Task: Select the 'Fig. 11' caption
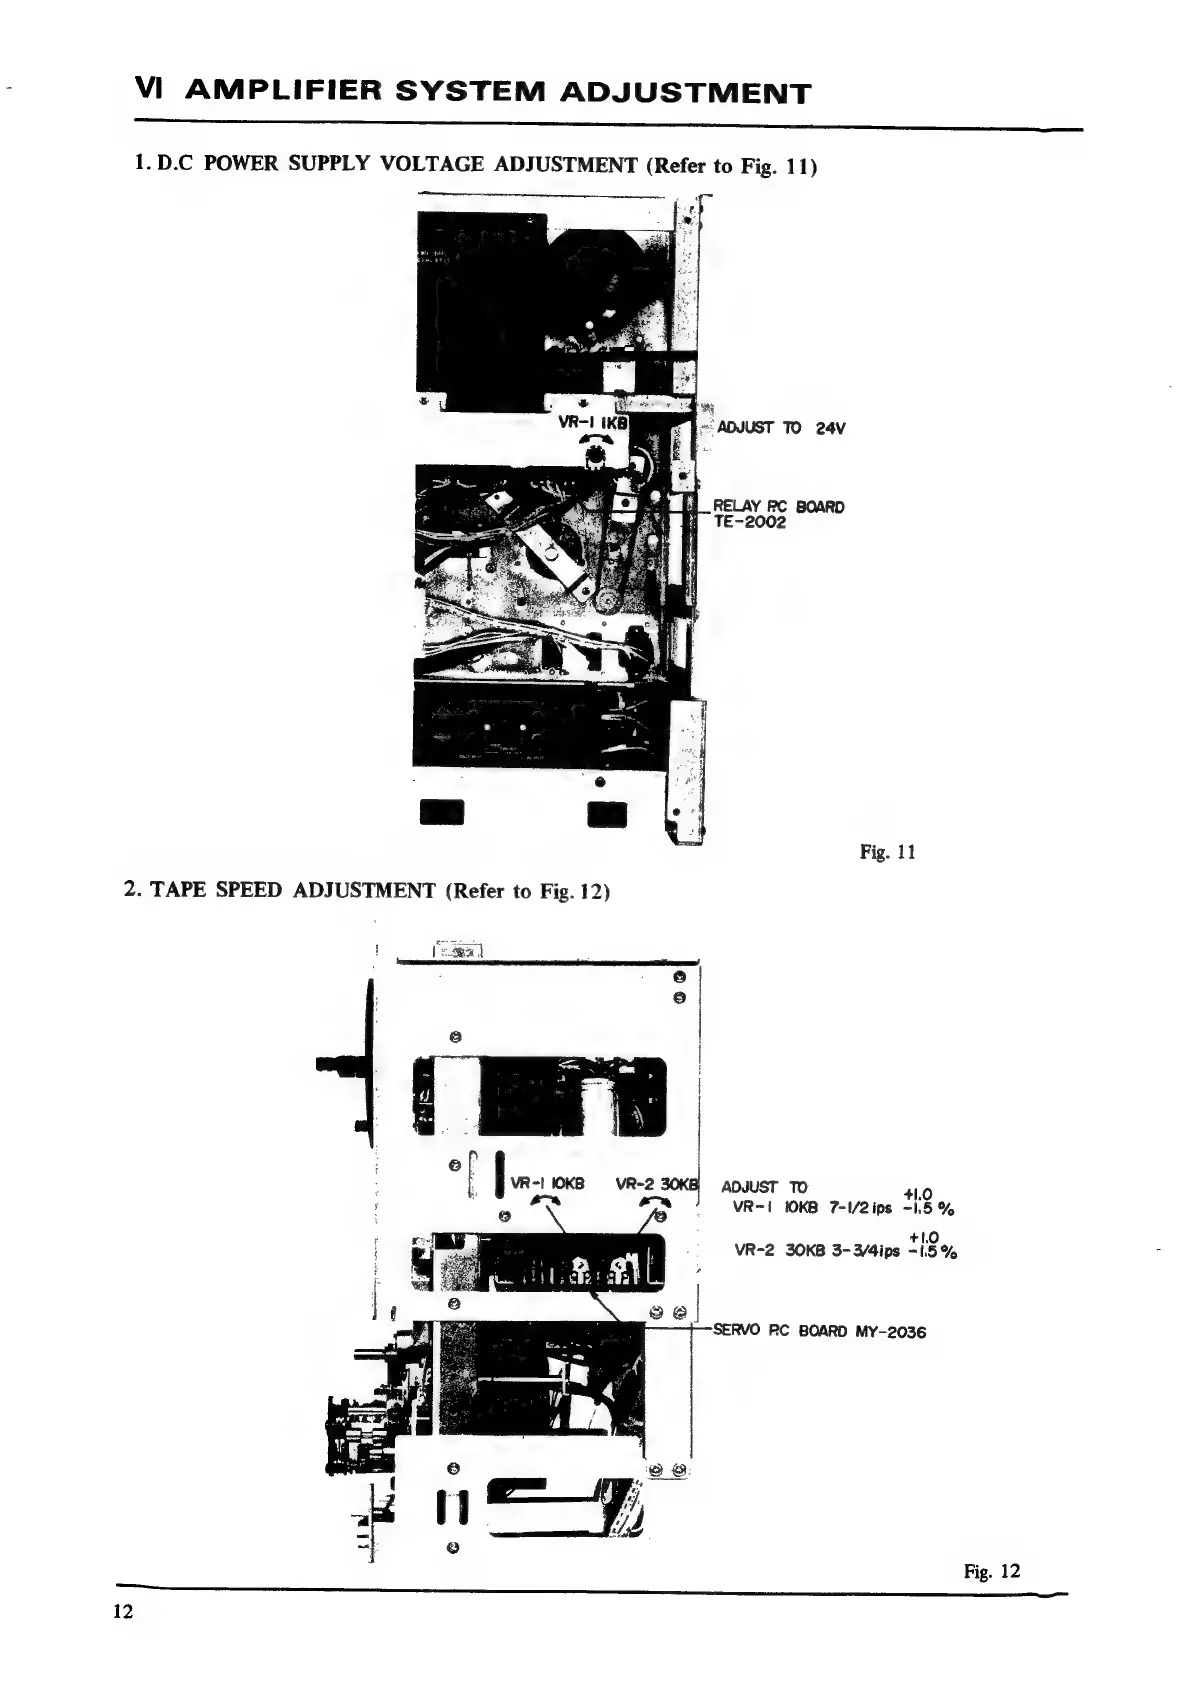pos(887,852)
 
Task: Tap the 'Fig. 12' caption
pos(992,1570)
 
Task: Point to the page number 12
pos(123,1612)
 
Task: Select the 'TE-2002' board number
pos(749,522)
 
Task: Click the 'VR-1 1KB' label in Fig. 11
pos(592,422)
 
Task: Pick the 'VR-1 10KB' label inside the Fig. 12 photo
pos(547,1184)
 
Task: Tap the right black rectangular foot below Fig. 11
pos(606,815)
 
